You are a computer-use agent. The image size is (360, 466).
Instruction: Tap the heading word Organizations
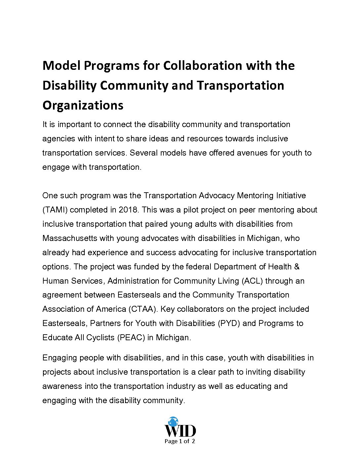[x=83, y=105]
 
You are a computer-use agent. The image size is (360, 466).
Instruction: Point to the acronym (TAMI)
[x=55, y=210]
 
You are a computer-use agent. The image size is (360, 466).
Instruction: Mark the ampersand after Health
[x=297, y=267]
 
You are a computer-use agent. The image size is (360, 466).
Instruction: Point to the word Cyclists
[x=99, y=338]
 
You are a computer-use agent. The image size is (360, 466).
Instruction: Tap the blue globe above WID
[x=173, y=422]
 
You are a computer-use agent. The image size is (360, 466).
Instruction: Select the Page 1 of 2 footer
[x=180, y=441]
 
